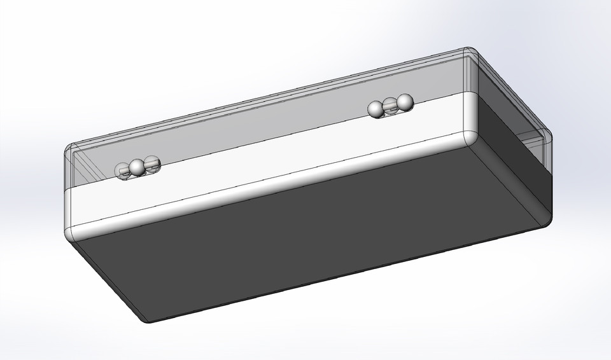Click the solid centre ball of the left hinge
pyautogui.click(x=137, y=168)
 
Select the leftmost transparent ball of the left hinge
pyautogui.click(x=122, y=170)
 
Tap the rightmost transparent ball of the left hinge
pyautogui.click(x=151, y=164)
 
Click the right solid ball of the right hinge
pyautogui.click(x=404, y=102)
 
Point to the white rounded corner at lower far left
pyautogui.click(x=72, y=232)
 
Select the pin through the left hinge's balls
pyautogui.click(x=144, y=166)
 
